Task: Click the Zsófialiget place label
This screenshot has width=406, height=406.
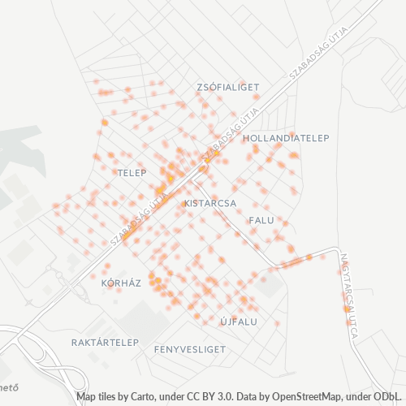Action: pyautogui.click(x=227, y=86)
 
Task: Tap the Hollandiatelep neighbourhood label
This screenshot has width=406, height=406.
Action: pyautogui.click(x=286, y=138)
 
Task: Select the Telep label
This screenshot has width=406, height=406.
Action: pyautogui.click(x=131, y=173)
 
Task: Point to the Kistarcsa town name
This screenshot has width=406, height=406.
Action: pyautogui.click(x=210, y=202)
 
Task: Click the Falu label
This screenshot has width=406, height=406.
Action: pyautogui.click(x=261, y=220)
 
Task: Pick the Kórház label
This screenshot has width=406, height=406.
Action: pyautogui.click(x=121, y=283)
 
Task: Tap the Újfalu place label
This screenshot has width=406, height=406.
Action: pyautogui.click(x=239, y=322)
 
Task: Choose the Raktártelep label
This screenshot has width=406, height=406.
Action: pyautogui.click(x=105, y=342)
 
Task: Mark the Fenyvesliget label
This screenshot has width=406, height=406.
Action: pyautogui.click(x=189, y=348)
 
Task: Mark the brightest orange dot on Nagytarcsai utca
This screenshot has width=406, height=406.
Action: pyautogui.click(x=347, y=309)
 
